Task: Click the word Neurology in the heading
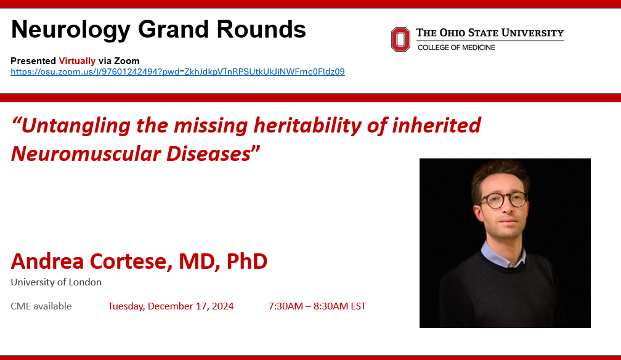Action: click(x=71, y=30)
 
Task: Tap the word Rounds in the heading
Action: click(x=261, y=30)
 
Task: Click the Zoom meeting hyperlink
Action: click(x=178, y=72)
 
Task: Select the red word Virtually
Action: click(x=77, y=61)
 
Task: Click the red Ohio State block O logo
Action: click(x=400, y=39)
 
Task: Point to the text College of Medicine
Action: click(x=457, y=47)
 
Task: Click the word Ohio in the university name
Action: click(x=452, y=33)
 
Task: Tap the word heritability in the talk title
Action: click(x=307, y=126)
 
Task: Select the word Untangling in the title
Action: click(x=76, y=126)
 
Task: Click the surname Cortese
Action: click(x=131, y=261)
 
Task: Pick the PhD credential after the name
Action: click(x=246, y=261)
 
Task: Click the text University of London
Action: click(x=56, y=282)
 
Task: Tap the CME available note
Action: click(x=41, y=306)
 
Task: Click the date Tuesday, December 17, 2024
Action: click(x=171, y=306)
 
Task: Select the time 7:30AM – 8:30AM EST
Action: click(x=317, y=306)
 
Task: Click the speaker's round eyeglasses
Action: click(x=503, y=200)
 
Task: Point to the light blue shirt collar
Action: click(x=502, y=254)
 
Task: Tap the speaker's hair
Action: click(x=500, y=174)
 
